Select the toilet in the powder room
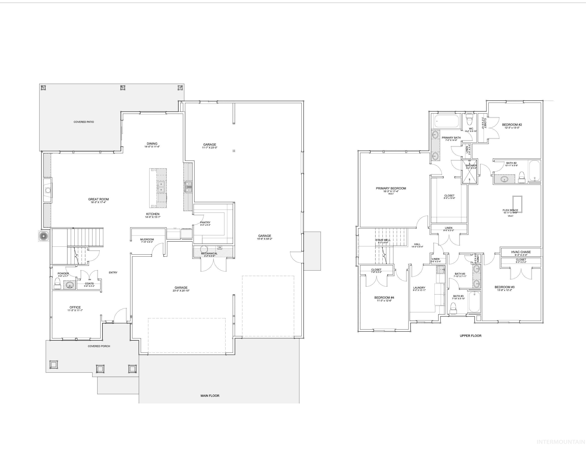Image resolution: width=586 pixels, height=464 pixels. point(57,283)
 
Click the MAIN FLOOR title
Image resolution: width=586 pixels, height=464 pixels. point(210,396)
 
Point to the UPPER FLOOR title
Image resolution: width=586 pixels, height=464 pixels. point(470,336)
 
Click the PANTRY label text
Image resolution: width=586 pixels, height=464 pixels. point(205,223)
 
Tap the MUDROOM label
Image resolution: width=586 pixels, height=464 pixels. point(147,240)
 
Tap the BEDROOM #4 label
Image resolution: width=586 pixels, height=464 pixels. point(384,298)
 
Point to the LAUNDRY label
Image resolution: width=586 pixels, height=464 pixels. point(419,288)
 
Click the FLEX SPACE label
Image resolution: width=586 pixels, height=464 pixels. point(510,210)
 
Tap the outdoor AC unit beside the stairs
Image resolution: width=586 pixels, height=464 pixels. point(43,236)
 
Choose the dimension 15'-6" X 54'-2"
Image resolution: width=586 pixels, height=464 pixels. point(264,239)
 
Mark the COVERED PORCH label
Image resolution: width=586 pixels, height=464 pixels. point(99,346)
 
